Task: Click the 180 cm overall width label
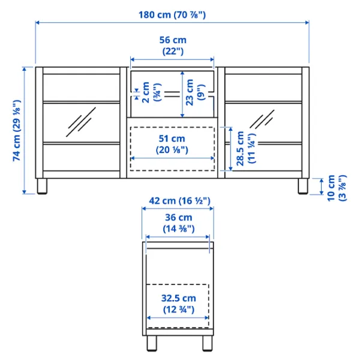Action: [x=172, y=15]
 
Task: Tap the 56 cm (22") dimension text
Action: [x=173, y=46]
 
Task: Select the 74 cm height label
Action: [x=17, y=130]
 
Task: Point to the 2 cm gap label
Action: [x=151, y=92]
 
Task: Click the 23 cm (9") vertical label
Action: [x=194, y=92]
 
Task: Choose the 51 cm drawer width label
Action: [x=172, y=144]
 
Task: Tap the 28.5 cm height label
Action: [x=245, y=148]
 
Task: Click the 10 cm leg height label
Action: [x=337, y=188]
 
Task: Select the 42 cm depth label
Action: [x=179, y=201]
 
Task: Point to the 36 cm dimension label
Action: [x=179, y=223]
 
